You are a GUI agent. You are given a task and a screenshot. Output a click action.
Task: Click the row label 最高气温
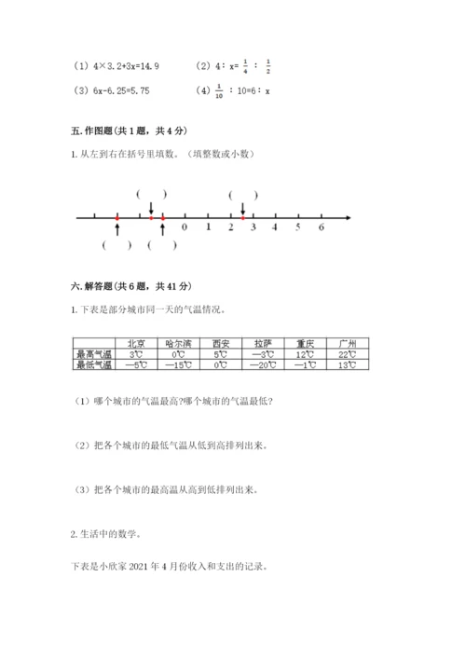coord(93,354)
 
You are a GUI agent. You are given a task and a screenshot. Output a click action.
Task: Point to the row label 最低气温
coord(93,365)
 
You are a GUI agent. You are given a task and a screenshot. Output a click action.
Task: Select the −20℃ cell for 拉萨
coord(264,365)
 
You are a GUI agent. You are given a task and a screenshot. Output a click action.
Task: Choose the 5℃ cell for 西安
coord(220,354)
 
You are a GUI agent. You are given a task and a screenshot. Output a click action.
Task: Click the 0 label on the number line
coord(185,227)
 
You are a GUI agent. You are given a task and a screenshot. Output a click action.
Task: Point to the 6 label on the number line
coord(322,227)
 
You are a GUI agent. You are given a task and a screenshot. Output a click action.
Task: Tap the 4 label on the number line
coord(276,227)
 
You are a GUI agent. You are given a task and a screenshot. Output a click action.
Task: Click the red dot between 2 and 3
coord(242,217)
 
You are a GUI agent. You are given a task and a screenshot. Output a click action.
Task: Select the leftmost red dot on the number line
coord(117,217)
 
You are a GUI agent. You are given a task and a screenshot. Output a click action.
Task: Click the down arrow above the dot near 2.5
coord(242,209)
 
